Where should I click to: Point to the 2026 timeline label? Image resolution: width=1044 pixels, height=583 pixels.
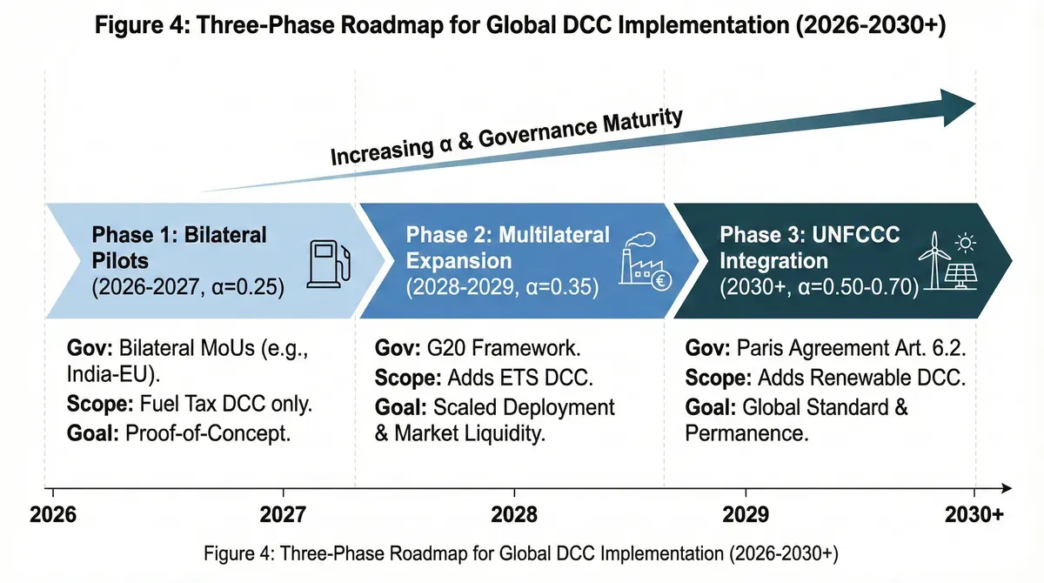click(x=54, y=513)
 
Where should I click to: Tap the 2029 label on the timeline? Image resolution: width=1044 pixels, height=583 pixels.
click(x=746, y=513)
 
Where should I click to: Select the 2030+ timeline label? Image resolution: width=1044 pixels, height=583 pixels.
click(x=974, y=513)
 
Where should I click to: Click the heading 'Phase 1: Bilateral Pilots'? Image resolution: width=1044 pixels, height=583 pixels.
click(x=178, y=247)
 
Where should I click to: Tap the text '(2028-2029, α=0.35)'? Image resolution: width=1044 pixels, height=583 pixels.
click(x=503, y=286)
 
